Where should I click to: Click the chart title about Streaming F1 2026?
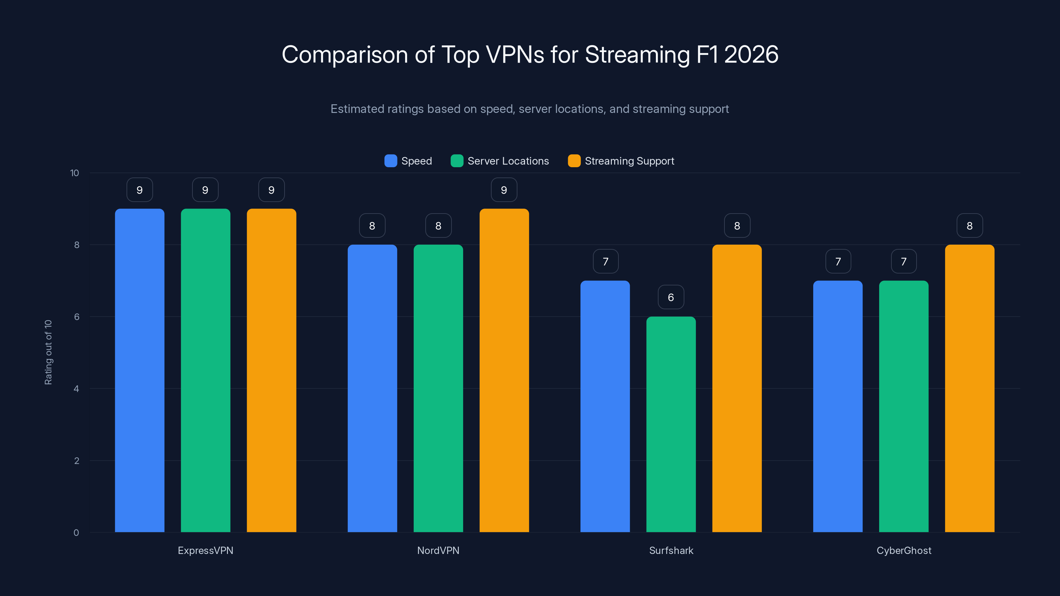(x=530, y=54)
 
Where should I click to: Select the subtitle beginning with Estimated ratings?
(x=530, y=109)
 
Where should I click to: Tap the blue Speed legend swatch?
(x=390, y=161)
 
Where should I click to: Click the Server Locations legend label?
(x=508, y=161)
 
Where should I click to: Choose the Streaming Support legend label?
(x=629, y=161)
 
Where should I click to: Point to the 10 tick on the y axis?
(x=75, y=173)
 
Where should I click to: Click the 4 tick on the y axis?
(x=76, y=389)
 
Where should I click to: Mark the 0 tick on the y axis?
(x=76, y=533)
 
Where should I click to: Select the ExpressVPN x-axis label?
(x=205, y=550)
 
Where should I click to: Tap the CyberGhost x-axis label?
(x=904, y=550)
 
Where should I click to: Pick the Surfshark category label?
(x=671, y=550)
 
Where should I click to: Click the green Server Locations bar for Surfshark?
(x=671, y=424)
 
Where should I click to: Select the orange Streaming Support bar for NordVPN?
(x=504, y=370)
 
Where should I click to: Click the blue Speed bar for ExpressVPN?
(x=139, y=370)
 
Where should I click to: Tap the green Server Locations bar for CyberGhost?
(x=904, y=407)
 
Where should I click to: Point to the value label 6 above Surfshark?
(x=671, y=297)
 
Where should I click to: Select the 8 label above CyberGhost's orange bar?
(x=970, y=225)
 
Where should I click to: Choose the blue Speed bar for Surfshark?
(x=605, y=407)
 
